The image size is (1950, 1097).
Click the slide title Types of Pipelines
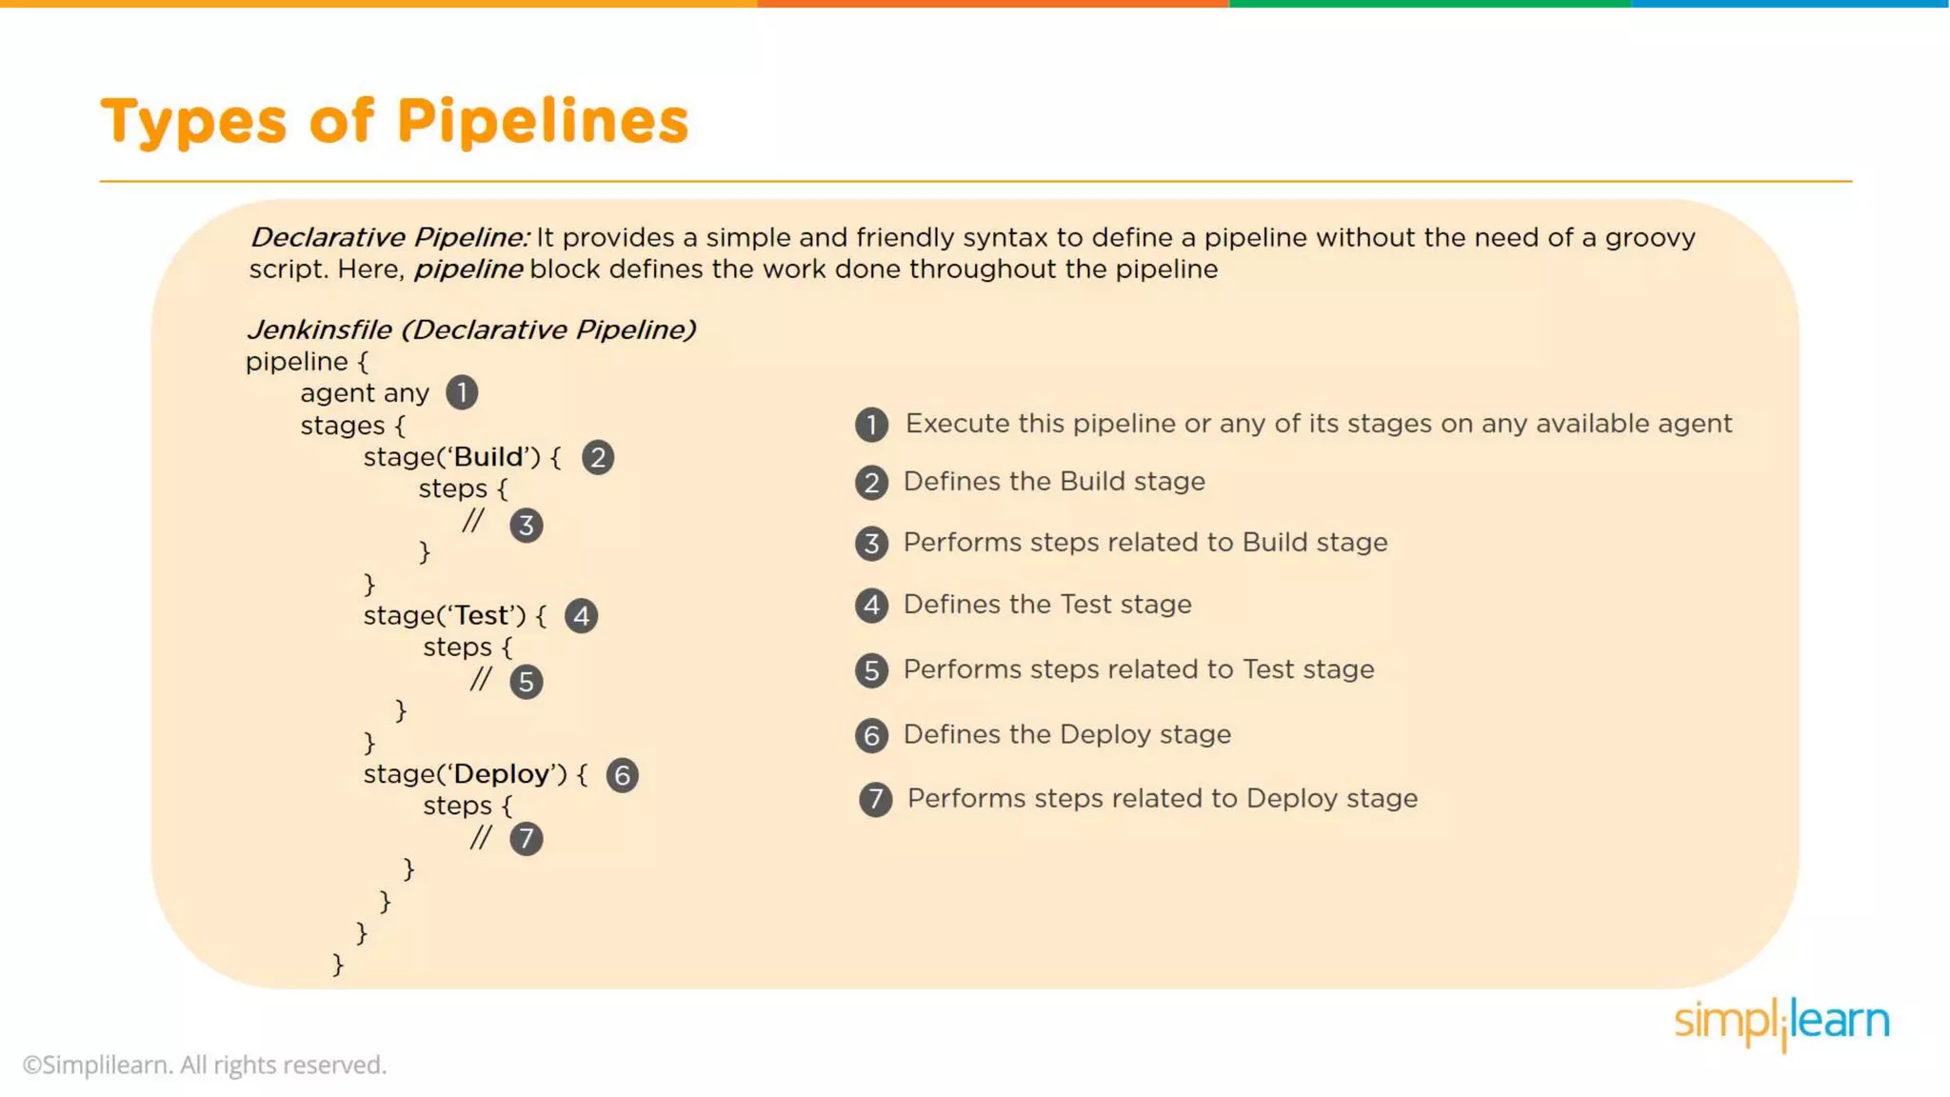(394, 122)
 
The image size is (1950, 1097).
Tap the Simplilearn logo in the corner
(1781, 1023)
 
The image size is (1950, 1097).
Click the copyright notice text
(205, 1065)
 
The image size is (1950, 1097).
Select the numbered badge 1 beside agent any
(462, 392)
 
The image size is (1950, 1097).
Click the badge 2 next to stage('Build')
(598, 458)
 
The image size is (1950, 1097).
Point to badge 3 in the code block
(526, 526)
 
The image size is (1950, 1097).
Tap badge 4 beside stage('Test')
(581, 616)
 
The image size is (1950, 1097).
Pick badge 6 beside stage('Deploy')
(622, 775)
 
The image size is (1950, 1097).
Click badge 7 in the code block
(526, 839)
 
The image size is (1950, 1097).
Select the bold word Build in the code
(488, 457)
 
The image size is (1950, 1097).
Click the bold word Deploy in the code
(502, 774)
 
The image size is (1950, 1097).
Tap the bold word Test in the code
(482, 616)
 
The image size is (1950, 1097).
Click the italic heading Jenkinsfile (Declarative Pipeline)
(471, 329)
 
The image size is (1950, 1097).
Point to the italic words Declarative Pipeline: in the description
(389, 237)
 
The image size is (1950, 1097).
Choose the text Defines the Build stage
(1054, 482)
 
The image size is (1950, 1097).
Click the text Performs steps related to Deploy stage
(1162, 799)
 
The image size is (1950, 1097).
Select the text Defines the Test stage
(1047, 605)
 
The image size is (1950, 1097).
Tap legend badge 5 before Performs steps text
(871, 670)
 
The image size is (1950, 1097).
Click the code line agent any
(365, 393)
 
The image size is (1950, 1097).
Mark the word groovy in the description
(1650, 237)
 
